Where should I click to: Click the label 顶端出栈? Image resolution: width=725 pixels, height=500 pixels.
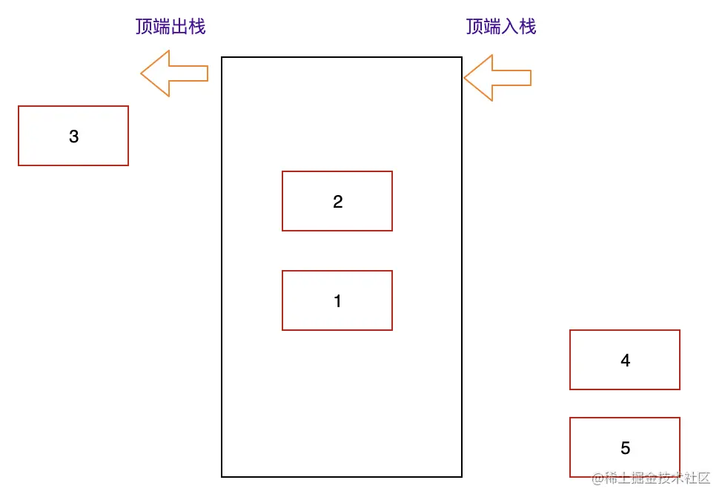pyautogui.click(x=171, y=27)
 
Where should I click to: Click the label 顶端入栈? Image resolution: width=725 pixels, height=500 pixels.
pyautogui.click(x=501, y=27)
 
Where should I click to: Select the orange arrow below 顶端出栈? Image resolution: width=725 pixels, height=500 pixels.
pyautogui.click(x=174, y=73)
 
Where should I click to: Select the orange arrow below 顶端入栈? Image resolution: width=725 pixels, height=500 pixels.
pyautogui.click(x=497, y=77)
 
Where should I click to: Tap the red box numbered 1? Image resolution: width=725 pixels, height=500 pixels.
pyautogui.click(x=337, y=300)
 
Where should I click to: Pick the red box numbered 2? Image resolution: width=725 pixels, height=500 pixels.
pyautogui.click(x=337, y=201)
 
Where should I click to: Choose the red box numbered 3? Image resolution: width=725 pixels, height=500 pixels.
pyautogui.click(x=73, y=136)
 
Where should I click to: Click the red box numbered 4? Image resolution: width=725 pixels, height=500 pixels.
pyautogui.click(x=625, y=360)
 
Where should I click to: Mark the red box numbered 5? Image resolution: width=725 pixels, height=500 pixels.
pyautogui.click(x=625, y=447)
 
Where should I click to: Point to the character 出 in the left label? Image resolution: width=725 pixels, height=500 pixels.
pyautogui.click(x=179, y=27)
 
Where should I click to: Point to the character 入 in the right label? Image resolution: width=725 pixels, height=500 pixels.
pyautogui.click(x=510, y=27)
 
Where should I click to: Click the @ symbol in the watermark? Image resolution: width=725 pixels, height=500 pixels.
pyautogui.click(x=597, y=478)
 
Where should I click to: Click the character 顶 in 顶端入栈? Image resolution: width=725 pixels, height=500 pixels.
pyautogui.click(x=475, y=27)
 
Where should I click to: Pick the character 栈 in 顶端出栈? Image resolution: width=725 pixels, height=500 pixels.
pyautogui.click(x=196, y=27)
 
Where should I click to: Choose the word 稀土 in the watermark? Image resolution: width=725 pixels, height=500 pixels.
pyautogui.click(x=615, y=478)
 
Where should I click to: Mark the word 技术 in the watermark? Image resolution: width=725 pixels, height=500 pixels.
pyautogui.click(x=669, y=478)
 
